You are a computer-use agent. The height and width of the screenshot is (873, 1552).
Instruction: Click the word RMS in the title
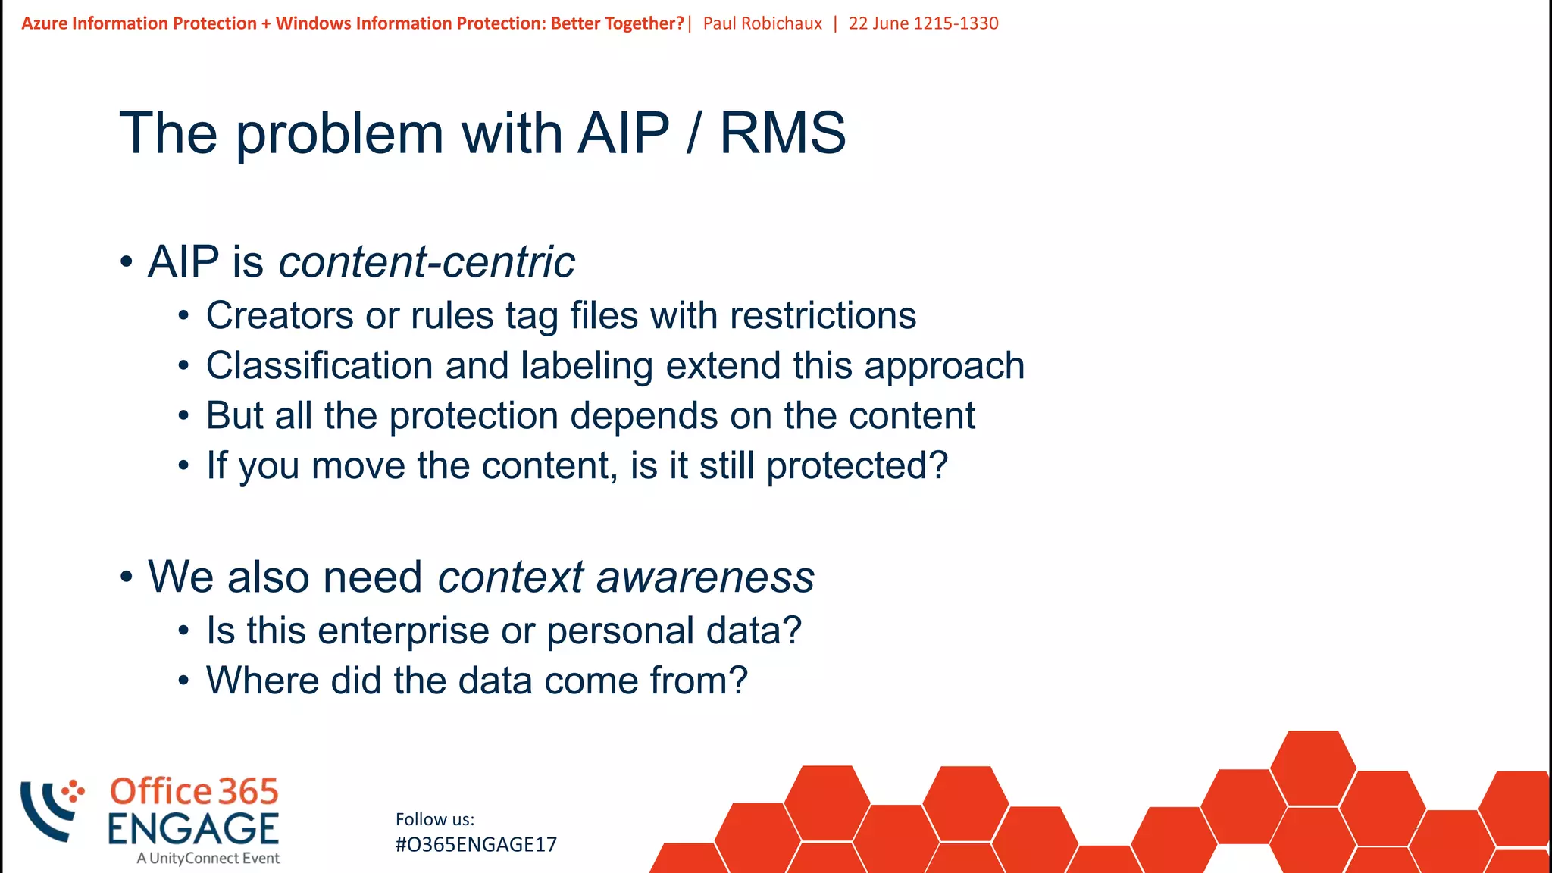point(782,133)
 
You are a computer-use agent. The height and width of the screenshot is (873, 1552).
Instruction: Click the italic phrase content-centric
point(427,262)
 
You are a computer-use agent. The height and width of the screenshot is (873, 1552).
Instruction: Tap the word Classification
point(319,366)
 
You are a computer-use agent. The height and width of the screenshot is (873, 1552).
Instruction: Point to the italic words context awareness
point(626,577)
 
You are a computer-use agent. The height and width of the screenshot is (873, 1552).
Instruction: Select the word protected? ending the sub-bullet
point(856,465)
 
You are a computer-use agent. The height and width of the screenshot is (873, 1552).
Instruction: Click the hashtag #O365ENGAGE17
point(476,845)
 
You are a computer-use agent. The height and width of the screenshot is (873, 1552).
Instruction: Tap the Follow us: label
point(435,819)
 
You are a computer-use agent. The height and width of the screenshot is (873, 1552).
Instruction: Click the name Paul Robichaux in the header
point(762,23)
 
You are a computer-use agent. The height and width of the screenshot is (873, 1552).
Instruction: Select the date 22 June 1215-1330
point(923,23)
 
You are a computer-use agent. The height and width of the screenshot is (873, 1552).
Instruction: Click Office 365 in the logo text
point(194,792)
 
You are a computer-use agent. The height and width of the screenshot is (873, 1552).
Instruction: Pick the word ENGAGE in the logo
point(193,828)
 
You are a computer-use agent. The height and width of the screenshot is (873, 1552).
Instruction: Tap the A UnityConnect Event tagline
point(208,859)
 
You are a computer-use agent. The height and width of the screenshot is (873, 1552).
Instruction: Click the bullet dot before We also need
point(127,577)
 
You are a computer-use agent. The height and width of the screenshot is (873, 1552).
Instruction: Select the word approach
point(944,366)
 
